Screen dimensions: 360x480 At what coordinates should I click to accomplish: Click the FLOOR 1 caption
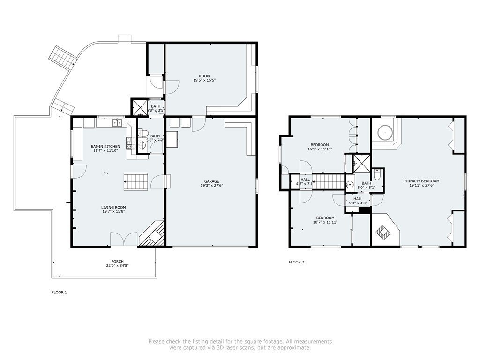point(59,292)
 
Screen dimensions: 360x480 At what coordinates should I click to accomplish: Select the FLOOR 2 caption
point(296,262)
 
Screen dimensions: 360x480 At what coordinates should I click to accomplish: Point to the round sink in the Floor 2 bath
point(350,185)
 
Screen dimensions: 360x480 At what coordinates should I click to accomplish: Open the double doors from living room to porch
point(124,239)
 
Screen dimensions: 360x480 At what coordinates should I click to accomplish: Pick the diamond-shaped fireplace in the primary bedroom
point(384,231)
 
